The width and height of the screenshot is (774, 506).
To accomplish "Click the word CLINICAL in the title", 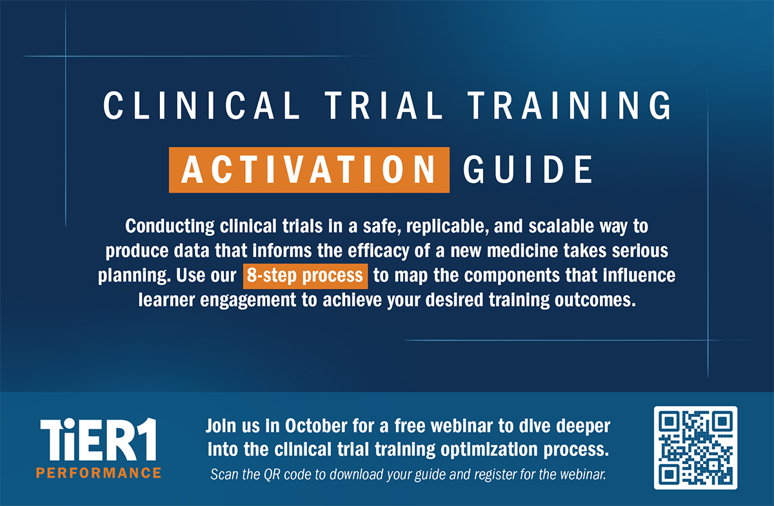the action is [202, 105].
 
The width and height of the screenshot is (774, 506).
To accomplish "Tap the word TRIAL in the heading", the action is [384, 105].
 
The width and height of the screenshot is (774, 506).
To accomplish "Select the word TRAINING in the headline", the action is [570, 105].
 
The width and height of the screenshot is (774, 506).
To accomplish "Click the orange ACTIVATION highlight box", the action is [309, 170].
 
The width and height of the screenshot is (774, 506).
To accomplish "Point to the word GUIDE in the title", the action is [528, 170].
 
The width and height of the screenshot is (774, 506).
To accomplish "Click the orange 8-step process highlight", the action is [306, 276].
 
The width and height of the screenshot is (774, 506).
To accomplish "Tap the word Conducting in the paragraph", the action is [170, 227].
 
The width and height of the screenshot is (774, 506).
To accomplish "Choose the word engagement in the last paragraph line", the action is [248, 300].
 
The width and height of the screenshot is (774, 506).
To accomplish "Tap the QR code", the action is [695, 447].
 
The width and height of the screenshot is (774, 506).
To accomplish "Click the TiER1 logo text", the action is [99, 440].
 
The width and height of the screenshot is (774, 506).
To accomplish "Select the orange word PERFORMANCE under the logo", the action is [99, 473].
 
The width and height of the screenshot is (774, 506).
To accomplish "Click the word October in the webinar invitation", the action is [316, 426].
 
